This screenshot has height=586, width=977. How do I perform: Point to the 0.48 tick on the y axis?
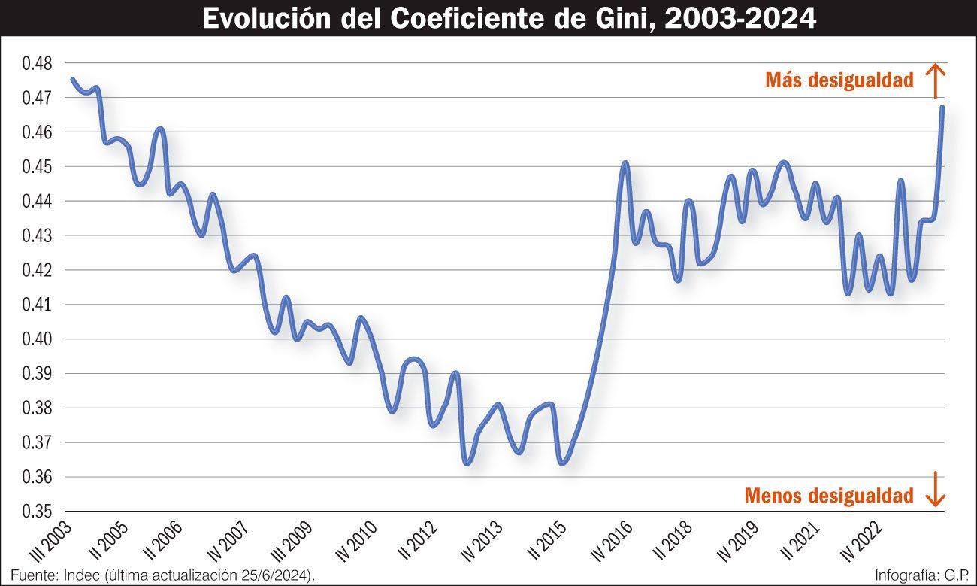click(x=37, y=63)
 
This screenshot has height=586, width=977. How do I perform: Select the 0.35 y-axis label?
click(x=37, y=512)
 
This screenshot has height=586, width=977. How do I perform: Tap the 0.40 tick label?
click(x=37, y=339)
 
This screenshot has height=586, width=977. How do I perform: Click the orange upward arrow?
click(x=934, y=80)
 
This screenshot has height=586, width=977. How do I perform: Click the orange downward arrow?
click(x=934, y=489)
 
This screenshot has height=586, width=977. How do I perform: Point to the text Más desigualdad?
click(x=839, y=80)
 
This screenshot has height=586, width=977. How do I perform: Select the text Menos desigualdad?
click(x=829, y=496)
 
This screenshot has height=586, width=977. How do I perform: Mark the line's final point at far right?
click(x=942, y=108)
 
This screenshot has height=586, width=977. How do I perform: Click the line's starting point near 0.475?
click(x=72, y=80)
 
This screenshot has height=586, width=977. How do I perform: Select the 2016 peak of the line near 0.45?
click(x=625, y=162)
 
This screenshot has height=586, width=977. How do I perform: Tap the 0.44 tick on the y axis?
click(x=37, y=202)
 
